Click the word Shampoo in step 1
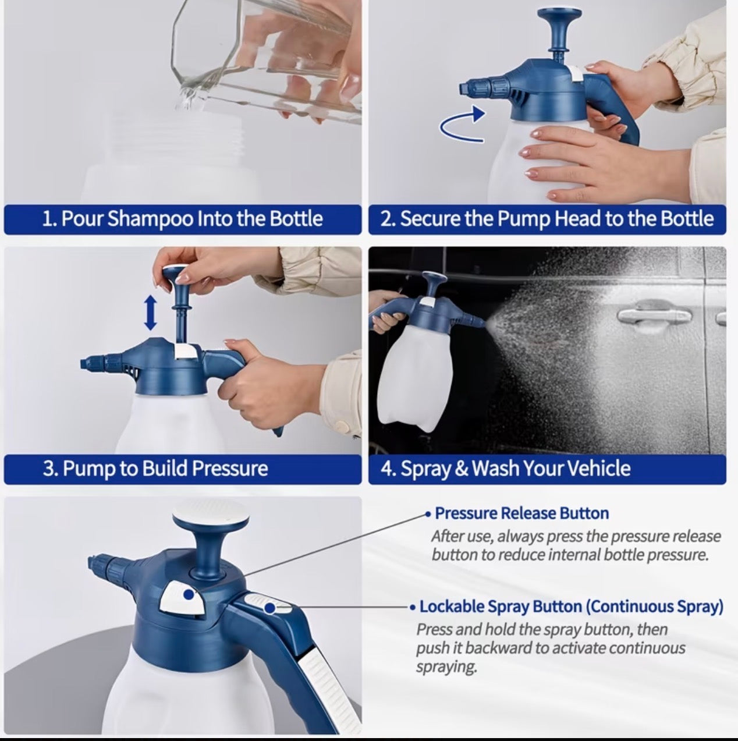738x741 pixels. click(150, 219)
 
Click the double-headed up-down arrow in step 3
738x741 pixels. click(150, 312)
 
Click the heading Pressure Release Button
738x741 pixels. click(522, 513)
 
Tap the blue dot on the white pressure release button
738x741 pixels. click(189, 594)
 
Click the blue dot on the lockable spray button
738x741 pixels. click(270, 608)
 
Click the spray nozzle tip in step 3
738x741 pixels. click(84, 364)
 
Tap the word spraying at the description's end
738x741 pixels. click(446, 667)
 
